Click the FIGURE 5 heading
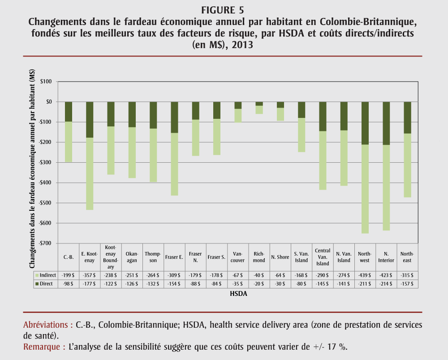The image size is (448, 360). (x=224, y=10)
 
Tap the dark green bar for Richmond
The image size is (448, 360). (x=259, y=104)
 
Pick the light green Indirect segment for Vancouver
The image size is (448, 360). (x=238, y=116)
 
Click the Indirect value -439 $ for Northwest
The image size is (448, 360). (x=365, y=275)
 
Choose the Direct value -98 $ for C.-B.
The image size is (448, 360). (x=68, y=284)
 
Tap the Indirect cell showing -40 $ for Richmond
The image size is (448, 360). (x=259, y=275)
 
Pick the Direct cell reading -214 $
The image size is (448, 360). (x=386, y=284)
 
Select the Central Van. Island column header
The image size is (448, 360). (x=323, y=257)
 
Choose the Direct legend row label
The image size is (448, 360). (x=46, y=284)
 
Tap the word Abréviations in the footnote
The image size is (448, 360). (x=47, y=325)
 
